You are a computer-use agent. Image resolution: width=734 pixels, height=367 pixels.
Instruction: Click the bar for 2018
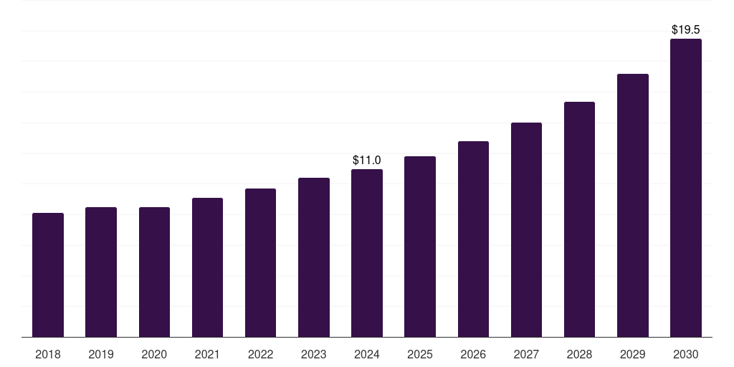click(x=48, y=275)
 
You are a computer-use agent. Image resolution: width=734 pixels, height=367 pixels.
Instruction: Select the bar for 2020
click(x=154, y=272)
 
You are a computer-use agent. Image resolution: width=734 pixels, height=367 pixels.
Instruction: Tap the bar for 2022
click(x=260, y=263)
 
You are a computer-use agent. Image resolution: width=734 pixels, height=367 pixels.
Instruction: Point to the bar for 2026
click(x=473, y=239)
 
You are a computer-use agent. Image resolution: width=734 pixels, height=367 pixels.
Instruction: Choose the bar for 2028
click(x=579, y=219)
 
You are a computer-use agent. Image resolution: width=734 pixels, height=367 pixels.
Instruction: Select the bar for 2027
click(x=526, y=230)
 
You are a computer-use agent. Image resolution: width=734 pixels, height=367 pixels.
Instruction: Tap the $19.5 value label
click(x=686, y=29)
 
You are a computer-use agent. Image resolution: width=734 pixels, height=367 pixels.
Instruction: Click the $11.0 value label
click(x=367, y=160)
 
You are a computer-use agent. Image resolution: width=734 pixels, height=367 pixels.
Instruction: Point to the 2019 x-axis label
click(x=101, y=354)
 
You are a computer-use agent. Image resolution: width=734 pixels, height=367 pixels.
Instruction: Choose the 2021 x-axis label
click(x=207, y=354)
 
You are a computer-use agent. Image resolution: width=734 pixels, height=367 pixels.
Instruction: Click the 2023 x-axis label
click(x=313, y=354)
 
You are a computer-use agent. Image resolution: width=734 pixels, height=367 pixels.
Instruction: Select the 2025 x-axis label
click(x=420, y=354)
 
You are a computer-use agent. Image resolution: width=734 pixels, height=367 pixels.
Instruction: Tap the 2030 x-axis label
click(x=686, y=354)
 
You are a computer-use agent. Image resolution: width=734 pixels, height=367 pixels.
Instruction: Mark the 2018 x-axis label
click(x=48, y=354)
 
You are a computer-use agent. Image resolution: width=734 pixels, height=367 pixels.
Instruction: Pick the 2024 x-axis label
click(x=367, y=354)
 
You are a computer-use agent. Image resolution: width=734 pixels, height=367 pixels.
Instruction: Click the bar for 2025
click(x=420, y=247)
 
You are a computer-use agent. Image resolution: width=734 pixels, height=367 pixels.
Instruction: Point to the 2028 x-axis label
click(x=579, y=354)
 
